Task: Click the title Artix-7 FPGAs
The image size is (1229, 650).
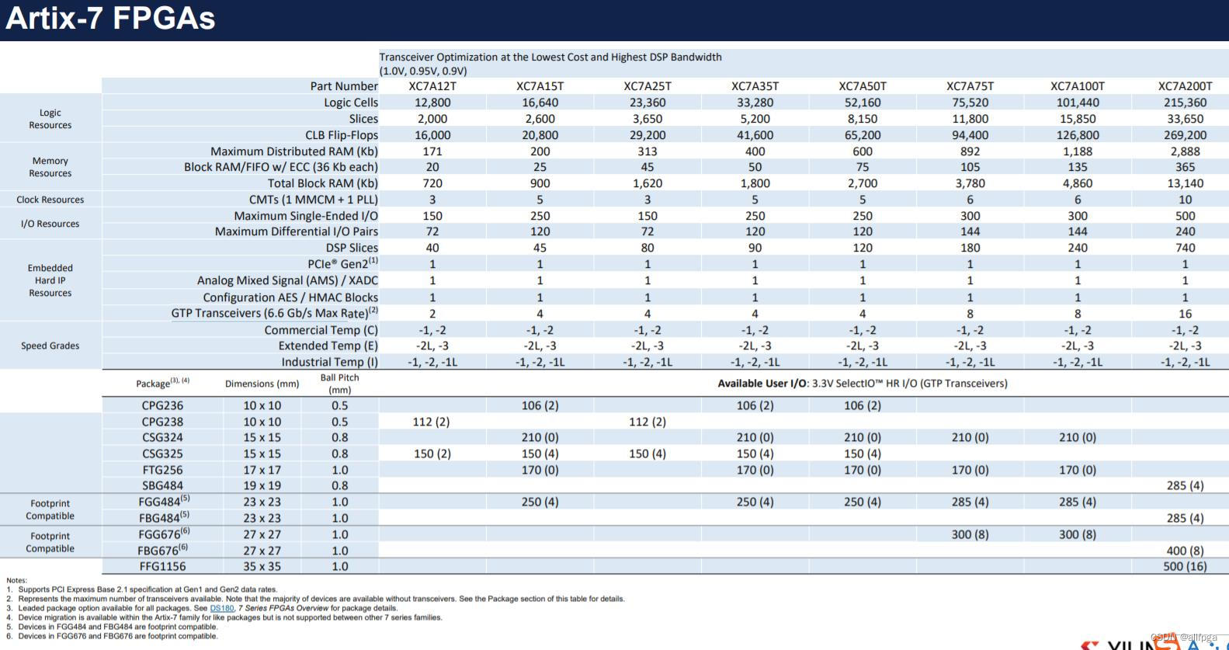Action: [x=110, y=19]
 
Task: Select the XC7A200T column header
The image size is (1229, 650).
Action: [x=1185, y=86]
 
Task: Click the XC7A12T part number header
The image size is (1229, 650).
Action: [x=432, y=86]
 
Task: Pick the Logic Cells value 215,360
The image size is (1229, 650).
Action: [x=1185, y=103]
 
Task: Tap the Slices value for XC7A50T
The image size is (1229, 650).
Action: [x=862, y=119]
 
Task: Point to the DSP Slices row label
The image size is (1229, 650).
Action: [x=352, y=248]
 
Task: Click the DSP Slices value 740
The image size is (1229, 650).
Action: [x=1185, y=248]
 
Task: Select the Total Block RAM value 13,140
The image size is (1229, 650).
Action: [x=1185, y=183]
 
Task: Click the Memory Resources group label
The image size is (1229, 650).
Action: [x=50, y=167]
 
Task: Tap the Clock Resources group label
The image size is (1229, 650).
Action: [x=50, y=200]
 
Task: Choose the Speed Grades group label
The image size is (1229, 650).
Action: [x=50, y=346]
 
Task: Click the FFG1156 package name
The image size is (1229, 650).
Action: [x=162, y=566]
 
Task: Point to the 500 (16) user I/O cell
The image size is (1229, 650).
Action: [x=1185, y=566]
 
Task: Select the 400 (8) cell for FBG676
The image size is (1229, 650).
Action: [x=1185, y=551]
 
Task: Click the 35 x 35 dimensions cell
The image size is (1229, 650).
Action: [x=262, y=566]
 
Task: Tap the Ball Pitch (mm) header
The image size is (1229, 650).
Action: [x=339, y=384]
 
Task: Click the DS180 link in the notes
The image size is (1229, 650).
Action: [x=221, y=608]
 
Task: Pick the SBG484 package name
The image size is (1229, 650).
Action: [x=162, y=485]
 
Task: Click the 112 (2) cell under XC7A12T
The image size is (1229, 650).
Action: [x=431, y=422]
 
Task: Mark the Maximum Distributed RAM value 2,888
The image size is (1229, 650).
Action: [x=1185, y=151]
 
